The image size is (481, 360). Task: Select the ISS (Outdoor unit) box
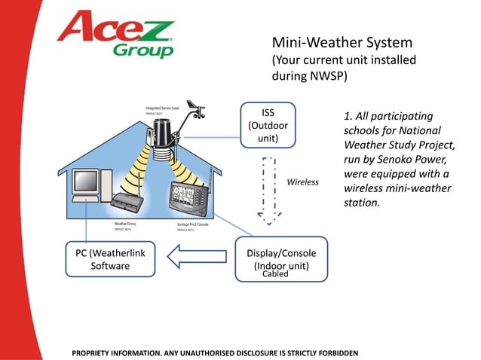click(x=268, y=126)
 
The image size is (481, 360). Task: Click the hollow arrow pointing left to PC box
click(x=195, y=258)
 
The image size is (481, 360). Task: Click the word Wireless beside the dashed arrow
click(x=303, y=182)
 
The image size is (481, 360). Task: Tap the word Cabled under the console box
click(x=275, y=275)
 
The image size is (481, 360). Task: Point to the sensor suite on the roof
click(x=163, y=135)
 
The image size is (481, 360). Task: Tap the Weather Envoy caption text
click(x=126, y=224)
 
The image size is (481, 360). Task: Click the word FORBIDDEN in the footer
click(x=335, y=352)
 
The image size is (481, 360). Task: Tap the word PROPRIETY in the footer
click(x=94, y=352)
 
